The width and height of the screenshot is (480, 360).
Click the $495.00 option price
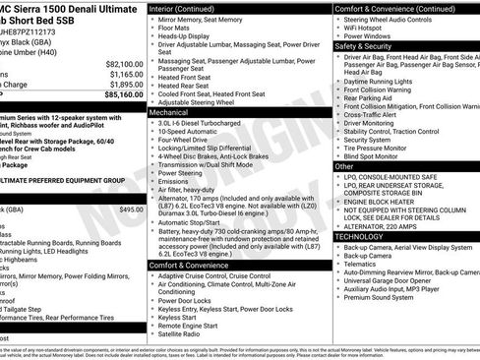point(130,210)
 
